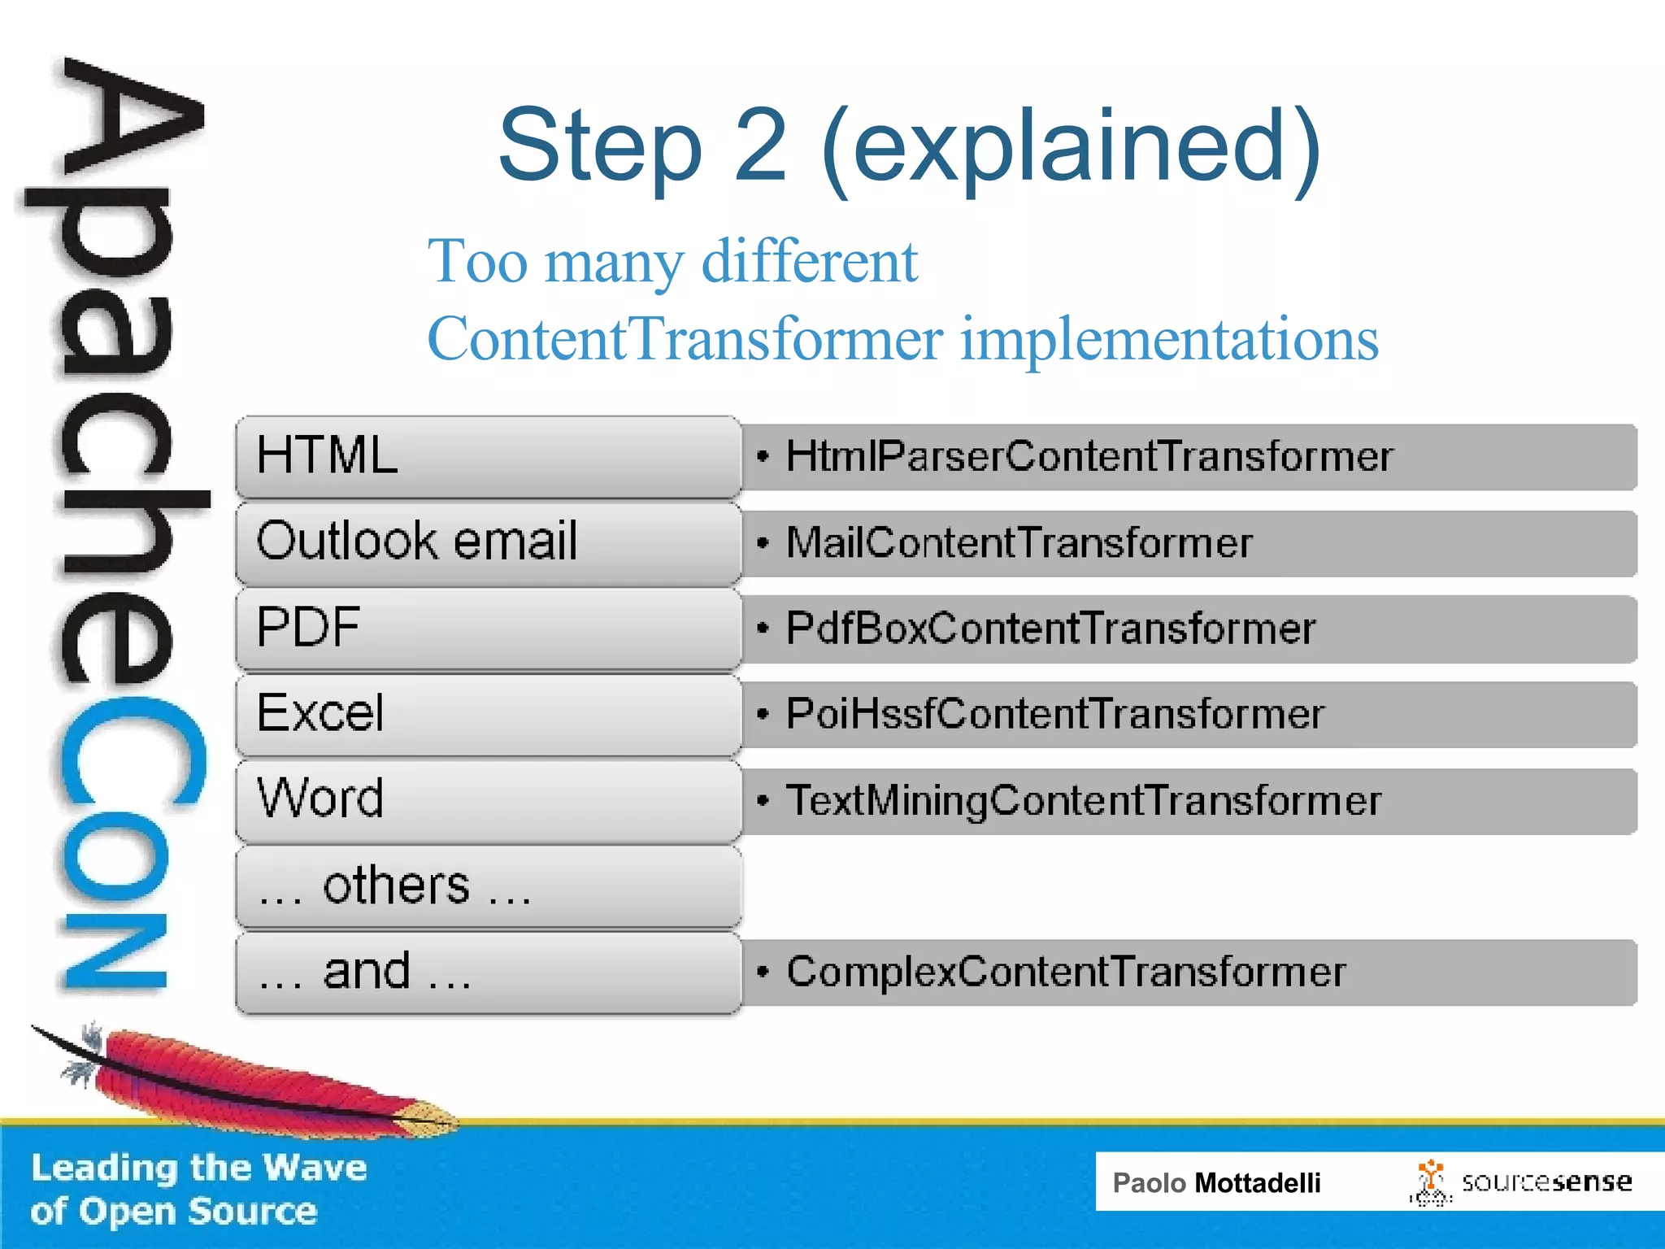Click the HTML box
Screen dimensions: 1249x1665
488,456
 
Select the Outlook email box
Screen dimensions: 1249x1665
488,542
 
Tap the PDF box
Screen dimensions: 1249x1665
488,629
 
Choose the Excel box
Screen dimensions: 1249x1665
488,714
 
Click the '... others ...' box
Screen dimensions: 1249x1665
488,886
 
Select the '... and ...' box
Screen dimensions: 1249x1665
488,973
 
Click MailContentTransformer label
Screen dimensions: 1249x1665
1019,543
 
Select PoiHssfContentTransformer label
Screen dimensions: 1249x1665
1054,715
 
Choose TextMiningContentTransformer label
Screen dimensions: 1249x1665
1083,801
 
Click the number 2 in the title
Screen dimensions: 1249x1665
761,146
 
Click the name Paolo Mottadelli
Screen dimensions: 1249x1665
1216,1182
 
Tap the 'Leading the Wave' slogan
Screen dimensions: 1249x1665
198,1168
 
